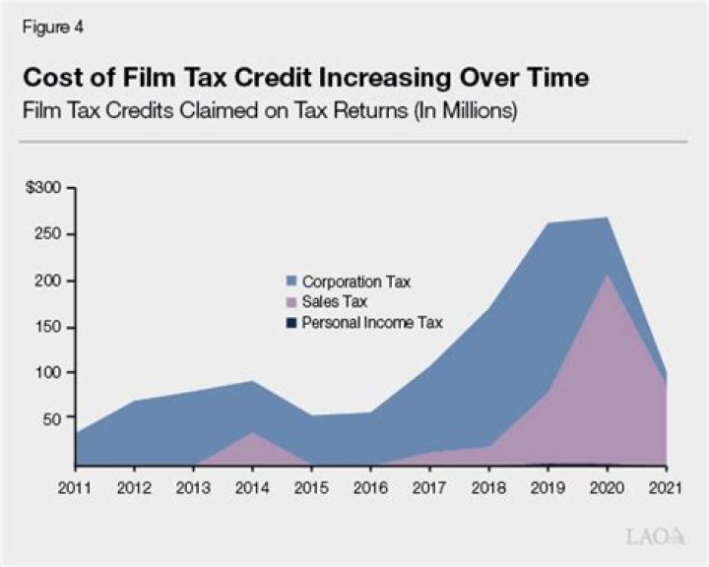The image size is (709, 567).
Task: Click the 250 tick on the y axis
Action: click(x=49, y=234)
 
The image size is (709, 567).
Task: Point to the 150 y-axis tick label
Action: click(x=49, y=326)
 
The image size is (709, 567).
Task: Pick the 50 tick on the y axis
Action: click(x=53, y=417)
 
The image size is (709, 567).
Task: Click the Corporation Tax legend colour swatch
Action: click(x=292, y=283)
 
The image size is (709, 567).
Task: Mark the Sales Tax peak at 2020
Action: click(x=609, y=277)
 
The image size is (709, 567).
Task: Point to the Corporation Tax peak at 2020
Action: click(x=609, y=219)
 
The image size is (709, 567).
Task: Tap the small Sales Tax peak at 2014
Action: click(x=252, y=433)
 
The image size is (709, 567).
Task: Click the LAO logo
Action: click(x=656, y=536)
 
